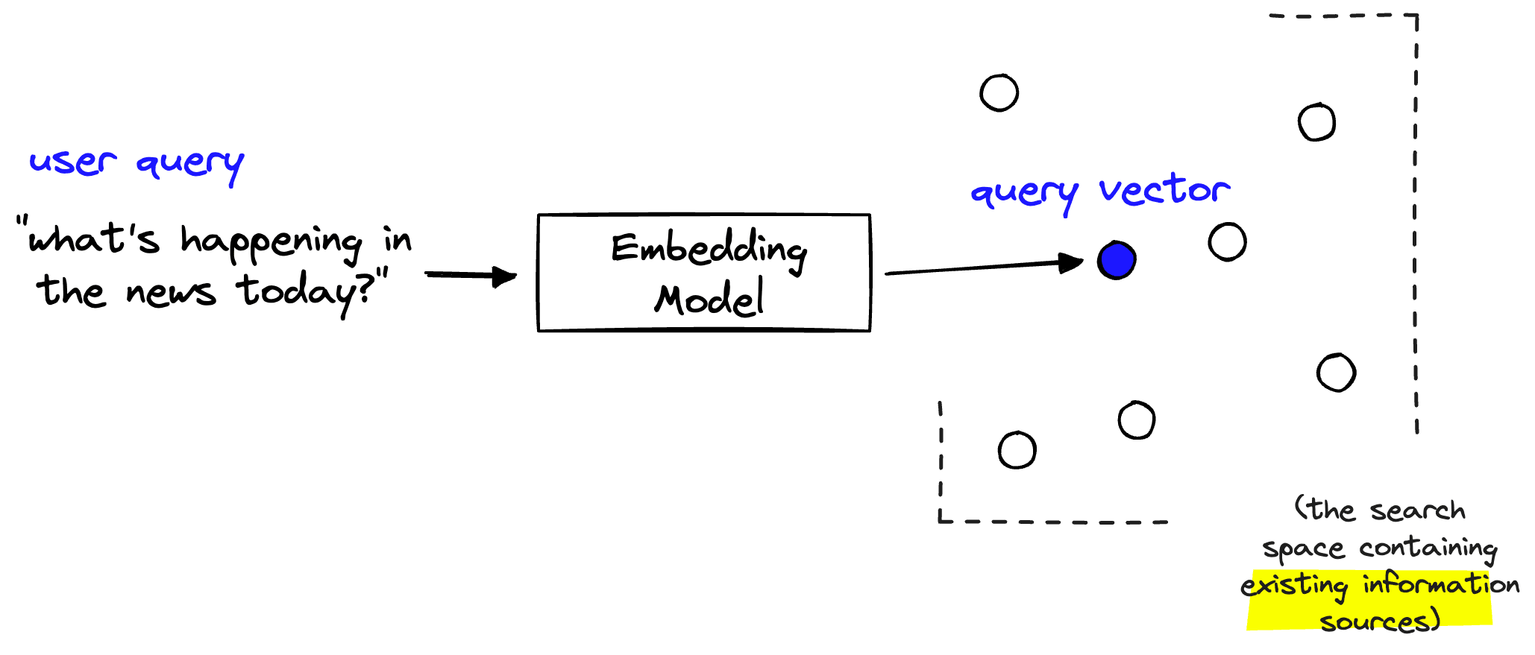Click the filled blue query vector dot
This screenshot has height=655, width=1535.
tap(1117, 260)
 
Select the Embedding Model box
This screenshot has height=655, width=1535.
tap(703, 273)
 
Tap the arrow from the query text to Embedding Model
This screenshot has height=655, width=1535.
tap(471, 276)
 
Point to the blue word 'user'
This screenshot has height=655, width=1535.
tap(72, 162)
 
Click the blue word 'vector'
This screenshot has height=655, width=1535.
tap(1164, 190)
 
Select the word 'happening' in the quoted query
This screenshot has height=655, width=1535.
tap(271, 242)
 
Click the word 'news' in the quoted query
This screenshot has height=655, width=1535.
tap(171, 292)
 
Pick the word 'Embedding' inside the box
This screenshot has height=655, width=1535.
tap(709, 250)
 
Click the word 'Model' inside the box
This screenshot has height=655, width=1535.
tap(709, 299)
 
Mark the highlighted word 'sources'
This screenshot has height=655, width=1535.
tap(1379, 621)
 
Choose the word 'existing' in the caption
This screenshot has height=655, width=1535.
tap(1295, 586)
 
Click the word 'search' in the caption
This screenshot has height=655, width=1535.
tap(1417, 510)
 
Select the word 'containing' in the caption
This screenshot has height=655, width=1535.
tap(1428, 548)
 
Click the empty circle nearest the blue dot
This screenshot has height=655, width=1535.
tap(1227, 242)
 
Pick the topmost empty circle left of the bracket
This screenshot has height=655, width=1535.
tap(999, 93)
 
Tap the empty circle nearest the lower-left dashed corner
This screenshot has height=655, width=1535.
tap(1017, 450)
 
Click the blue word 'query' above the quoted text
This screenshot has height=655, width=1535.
tap(189, 163)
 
